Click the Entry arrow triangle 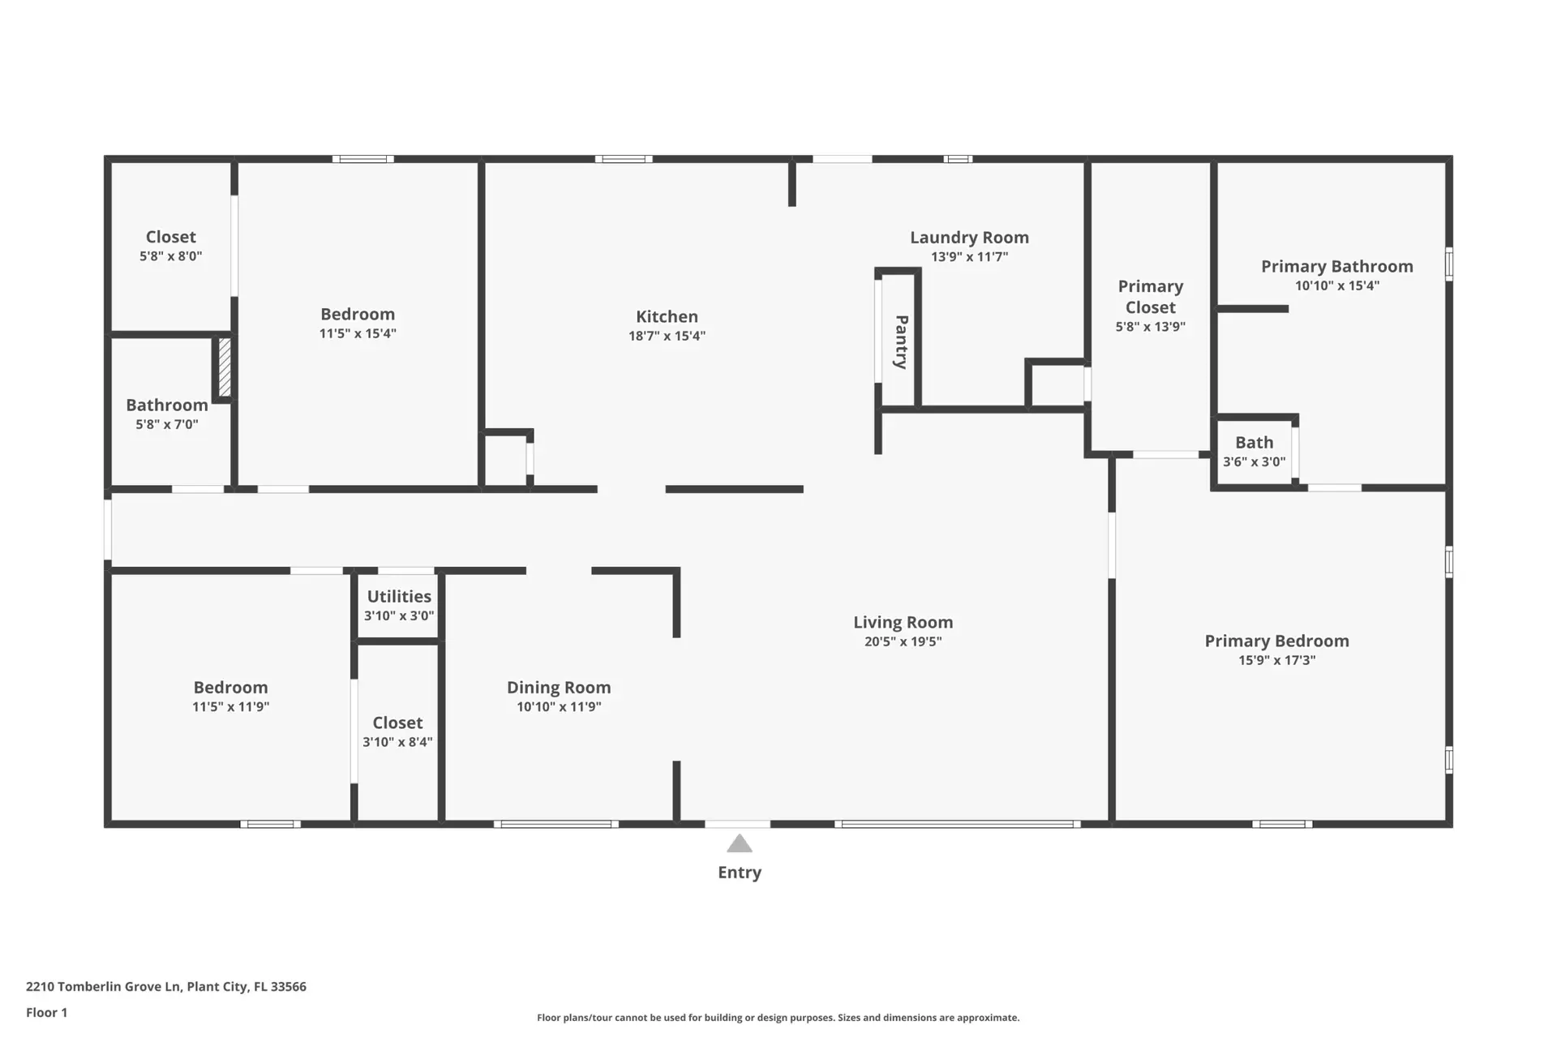point(739,844)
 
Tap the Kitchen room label point(667,317)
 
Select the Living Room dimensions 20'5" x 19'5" point(903,641)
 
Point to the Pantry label point(901,342)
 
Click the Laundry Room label point(969,238)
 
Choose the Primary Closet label point(1150,297)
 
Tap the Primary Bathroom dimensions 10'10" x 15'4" point(1336,285)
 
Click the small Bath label point(1254,443)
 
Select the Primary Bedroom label point(1276,641)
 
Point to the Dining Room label point(559,688)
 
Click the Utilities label point(399,597)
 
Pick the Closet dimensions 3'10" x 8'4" point(397,742)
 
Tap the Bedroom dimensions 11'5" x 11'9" point(230,706)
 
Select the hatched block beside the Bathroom point(225,367)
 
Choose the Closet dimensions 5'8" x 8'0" point(170,256)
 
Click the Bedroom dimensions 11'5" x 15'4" point(358,333)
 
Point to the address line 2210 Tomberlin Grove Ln point(166,987)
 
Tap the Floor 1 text point(46,1012)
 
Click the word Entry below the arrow point(740,873)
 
